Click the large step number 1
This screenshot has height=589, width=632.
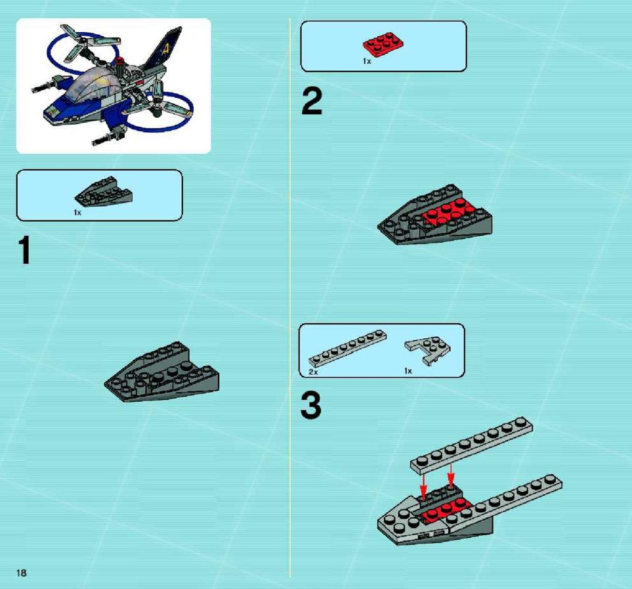(x=25, y=250)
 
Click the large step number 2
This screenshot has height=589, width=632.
(x=312, y=101)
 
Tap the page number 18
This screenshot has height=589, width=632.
(x=22, y=573)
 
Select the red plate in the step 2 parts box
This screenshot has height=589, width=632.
(x=383, y=44)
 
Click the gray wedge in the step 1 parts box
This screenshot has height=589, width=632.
(x=104, y=192)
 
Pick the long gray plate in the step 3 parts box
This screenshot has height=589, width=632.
(x=347, y=348)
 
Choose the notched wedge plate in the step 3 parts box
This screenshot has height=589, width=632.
(x=429, y=350)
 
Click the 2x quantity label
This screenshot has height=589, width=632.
(x=313, y=372)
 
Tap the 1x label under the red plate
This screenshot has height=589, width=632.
(x=367, y=61)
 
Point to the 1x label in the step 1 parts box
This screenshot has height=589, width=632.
(x=77, y=213)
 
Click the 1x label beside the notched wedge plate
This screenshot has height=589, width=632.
(x=408, y=371)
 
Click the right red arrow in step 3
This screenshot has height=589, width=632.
(x=451, y=475)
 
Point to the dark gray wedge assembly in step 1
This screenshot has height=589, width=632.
(x=161, y=372)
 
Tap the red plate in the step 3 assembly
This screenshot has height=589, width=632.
(x=447, y=509)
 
